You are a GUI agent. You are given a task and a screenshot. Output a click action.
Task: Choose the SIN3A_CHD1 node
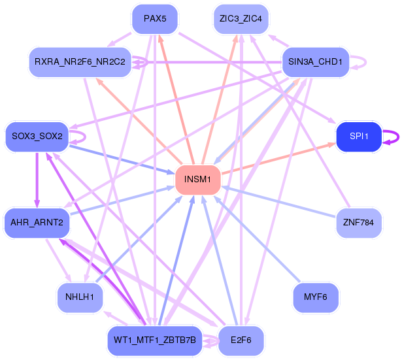tap(315, 62)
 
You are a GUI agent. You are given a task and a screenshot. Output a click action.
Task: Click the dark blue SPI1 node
tap(359, 137)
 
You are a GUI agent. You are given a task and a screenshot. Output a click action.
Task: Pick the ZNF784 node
tap(358, 223)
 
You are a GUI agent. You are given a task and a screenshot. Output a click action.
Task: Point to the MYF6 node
tap(315, 297)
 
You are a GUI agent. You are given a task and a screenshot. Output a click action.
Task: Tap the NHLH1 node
tap(80, 297)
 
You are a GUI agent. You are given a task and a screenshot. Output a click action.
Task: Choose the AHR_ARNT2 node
tap(37, 223)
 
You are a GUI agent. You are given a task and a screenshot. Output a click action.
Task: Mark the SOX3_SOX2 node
tap(37, 137)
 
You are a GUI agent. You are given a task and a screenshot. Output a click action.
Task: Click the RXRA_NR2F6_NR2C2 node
tap(80, 62)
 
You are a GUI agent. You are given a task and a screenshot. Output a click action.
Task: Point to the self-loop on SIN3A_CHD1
tap(361, 62)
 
